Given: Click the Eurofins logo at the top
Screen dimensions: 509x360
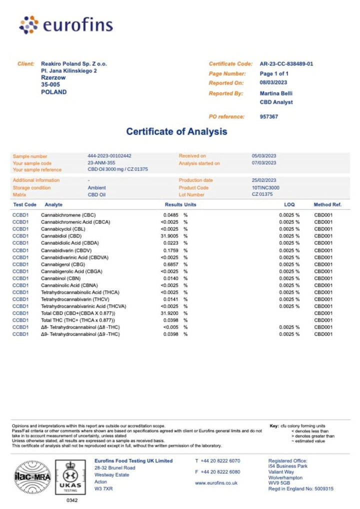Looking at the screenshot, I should tap(65, 24).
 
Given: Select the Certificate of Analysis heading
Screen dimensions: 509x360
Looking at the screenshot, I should tap(176, 131).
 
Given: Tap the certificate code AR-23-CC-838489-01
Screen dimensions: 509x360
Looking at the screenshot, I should tap(286, 64).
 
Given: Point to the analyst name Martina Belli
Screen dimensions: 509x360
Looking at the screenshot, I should tap(276, 93).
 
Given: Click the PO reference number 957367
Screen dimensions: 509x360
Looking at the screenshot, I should tap(269, 116).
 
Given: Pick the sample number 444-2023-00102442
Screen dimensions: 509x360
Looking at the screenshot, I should tap(109, 156).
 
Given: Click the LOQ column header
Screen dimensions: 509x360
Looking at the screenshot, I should tap(290, 204).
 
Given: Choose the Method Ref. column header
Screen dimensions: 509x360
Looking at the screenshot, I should tap(327, 204).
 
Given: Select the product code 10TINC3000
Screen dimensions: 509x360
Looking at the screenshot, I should tap(265, 187).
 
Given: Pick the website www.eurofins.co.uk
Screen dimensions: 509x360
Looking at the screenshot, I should tap(216, 483).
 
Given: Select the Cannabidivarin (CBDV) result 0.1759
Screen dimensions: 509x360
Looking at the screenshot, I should tap(171, 250).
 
